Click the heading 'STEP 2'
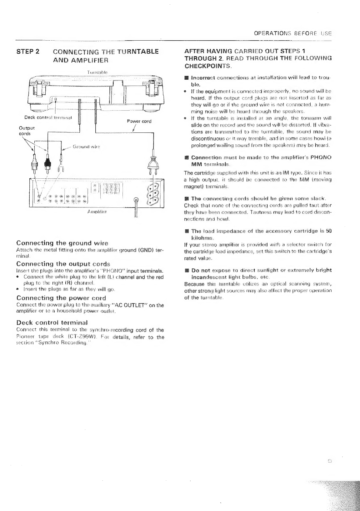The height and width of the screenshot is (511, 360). (28, 51)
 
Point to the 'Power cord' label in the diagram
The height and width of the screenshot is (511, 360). (139, 121)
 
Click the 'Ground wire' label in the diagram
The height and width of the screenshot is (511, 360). (86, 146)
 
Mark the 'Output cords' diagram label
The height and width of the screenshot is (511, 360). (25, 131)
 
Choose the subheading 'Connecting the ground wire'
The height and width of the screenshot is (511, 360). (62, 243)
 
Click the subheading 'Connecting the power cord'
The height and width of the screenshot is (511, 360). (61, 298)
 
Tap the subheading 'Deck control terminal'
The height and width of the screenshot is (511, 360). (52, 322)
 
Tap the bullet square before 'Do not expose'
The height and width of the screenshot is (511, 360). (186, 270)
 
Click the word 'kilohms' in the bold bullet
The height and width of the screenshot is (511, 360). (202, 238)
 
